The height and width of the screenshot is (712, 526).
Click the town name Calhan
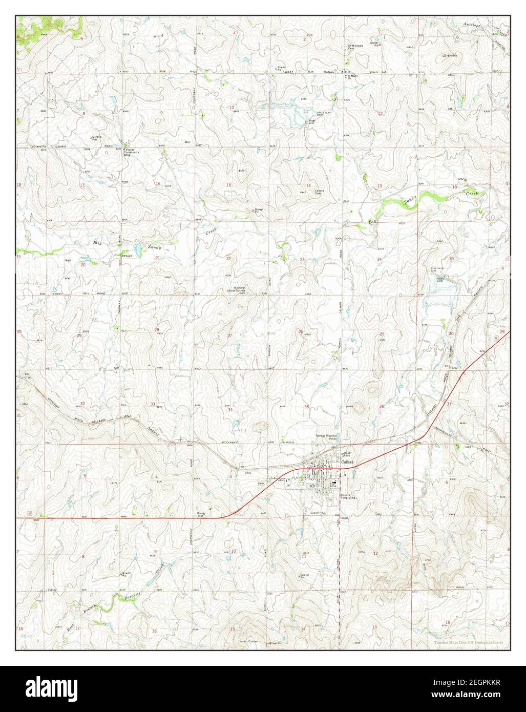[346, 463]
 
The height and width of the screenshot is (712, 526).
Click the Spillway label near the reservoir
[322, 112]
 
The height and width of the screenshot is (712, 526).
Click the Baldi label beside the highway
[200, 513]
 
